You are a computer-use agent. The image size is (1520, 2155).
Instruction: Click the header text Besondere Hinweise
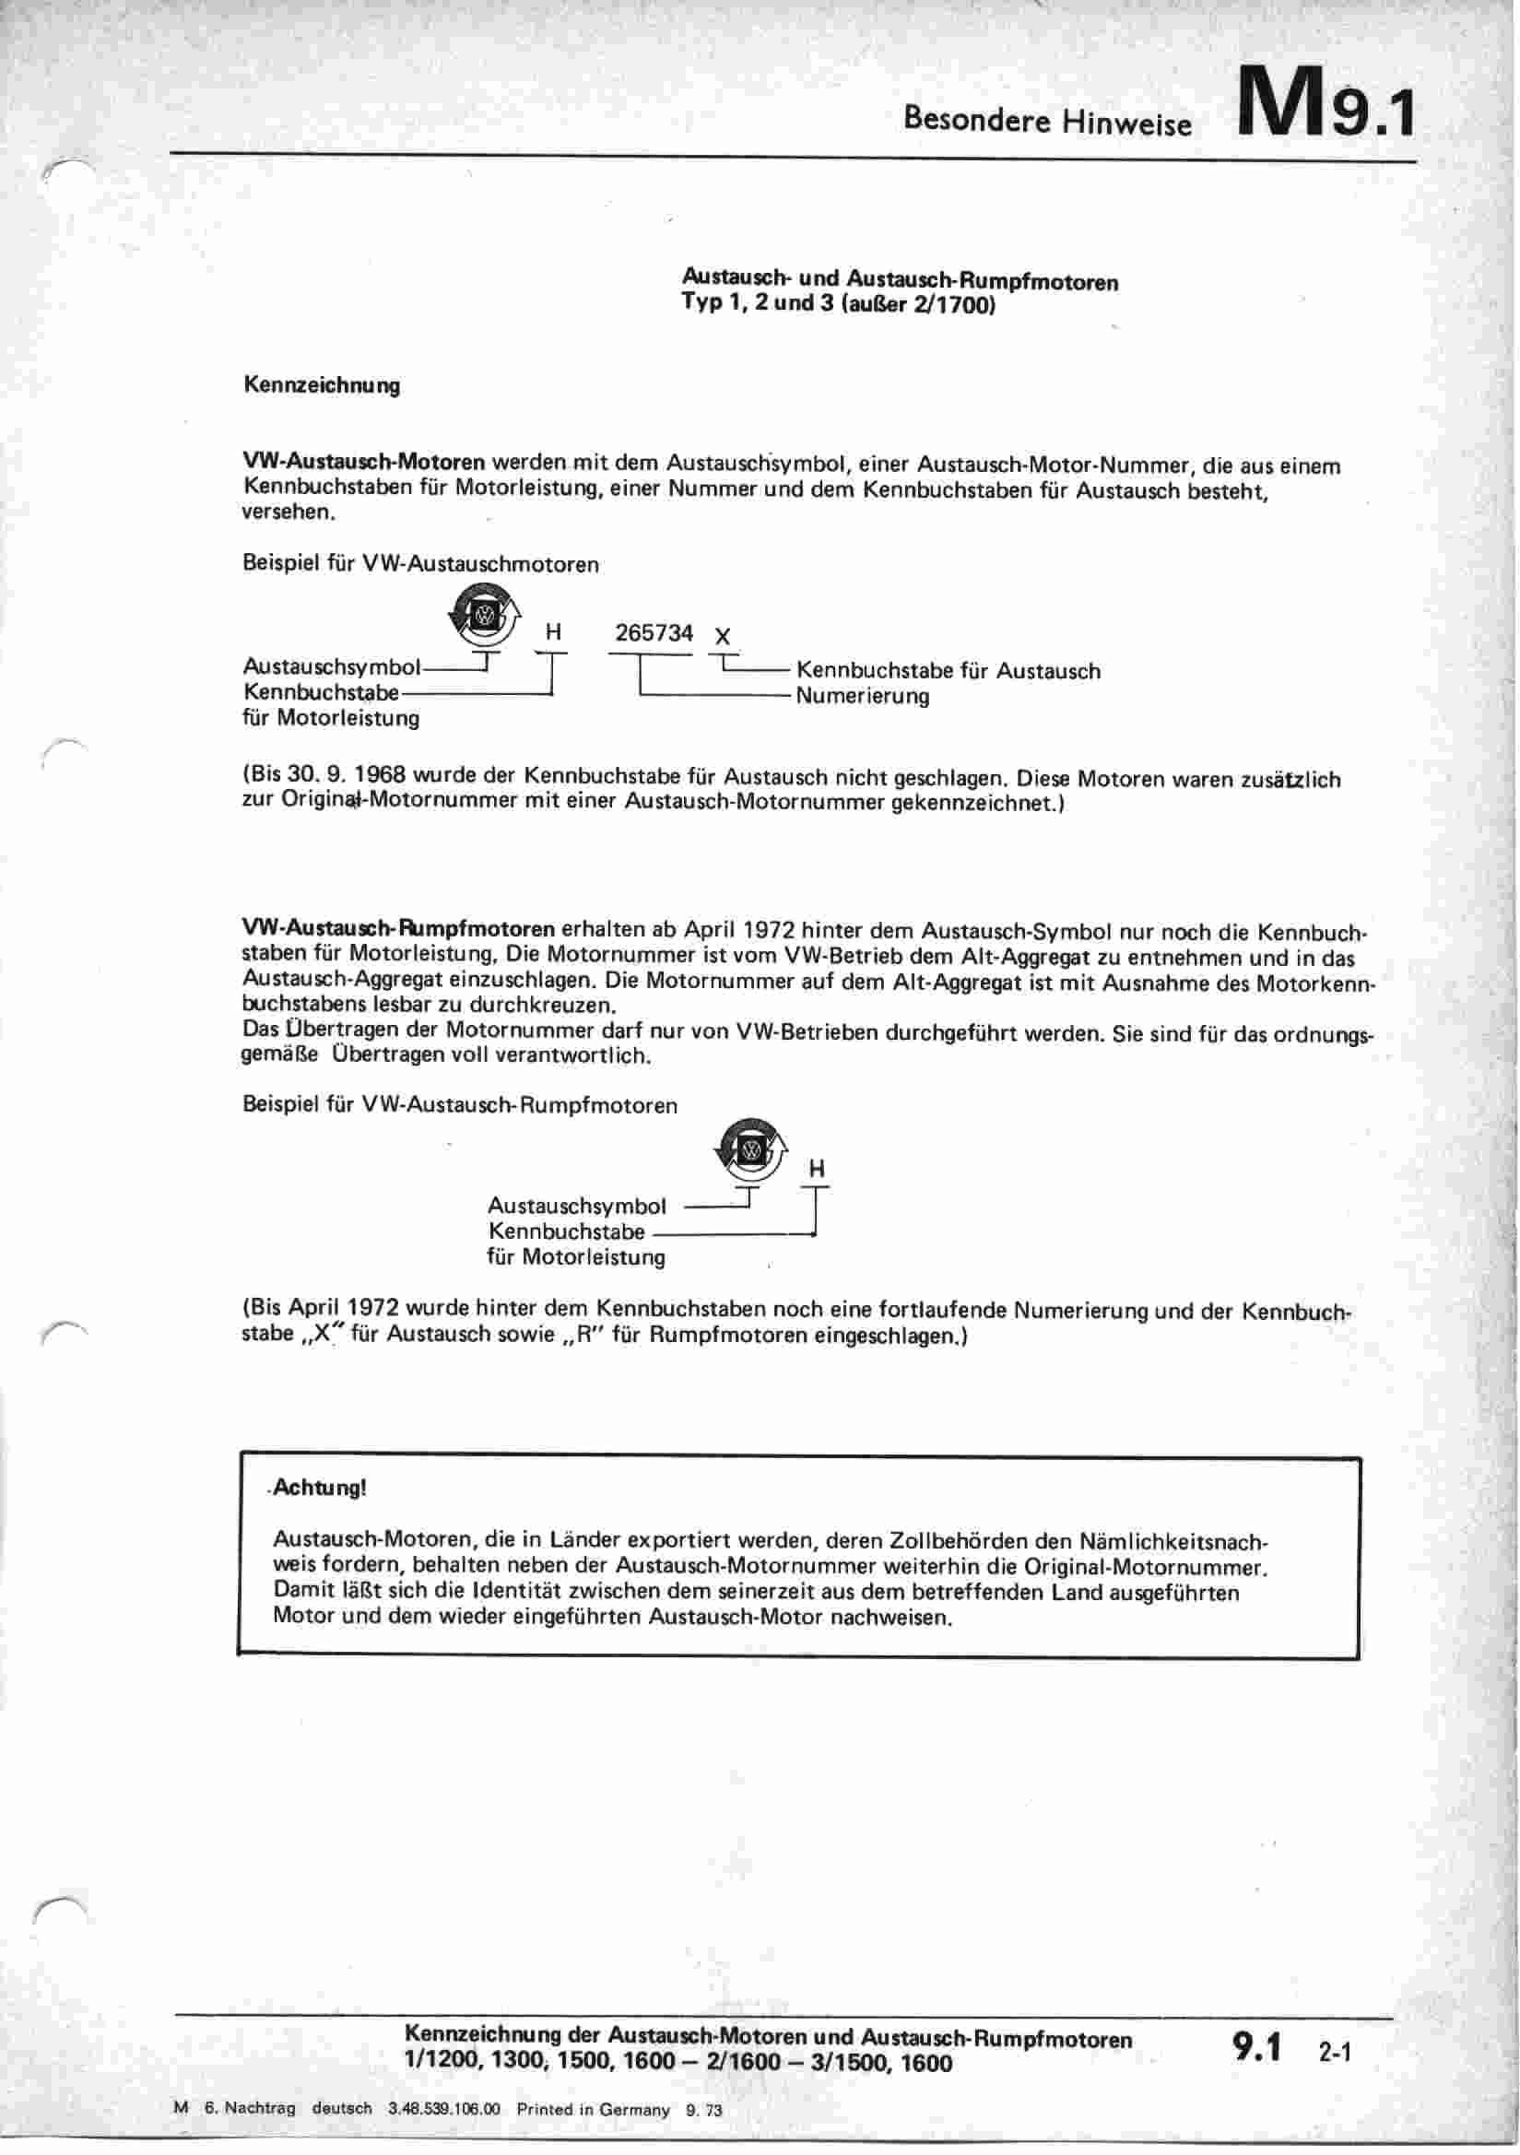click(1047, 122)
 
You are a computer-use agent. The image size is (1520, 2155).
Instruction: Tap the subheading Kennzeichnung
click(321, 386)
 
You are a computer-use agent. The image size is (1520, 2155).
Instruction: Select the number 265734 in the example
click(654, 632)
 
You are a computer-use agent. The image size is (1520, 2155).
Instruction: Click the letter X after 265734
click(722, 637)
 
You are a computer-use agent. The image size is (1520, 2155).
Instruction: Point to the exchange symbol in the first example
click(485, 612)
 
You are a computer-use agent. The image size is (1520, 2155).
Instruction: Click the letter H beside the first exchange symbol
click(553, 633)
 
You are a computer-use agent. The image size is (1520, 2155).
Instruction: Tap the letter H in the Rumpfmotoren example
click(816, 1170)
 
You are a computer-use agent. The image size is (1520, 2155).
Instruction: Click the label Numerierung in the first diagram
click(862, 697)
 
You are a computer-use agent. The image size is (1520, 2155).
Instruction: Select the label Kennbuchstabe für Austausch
click(949, 671)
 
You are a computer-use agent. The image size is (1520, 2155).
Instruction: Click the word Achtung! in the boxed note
click(319, 1489)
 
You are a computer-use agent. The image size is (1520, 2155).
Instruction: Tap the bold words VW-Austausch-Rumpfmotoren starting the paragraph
click(398, 930)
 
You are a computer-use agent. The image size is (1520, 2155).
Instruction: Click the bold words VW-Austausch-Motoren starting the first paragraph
click(364, 463)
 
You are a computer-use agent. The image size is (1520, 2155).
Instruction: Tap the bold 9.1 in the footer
click(1257, 2049)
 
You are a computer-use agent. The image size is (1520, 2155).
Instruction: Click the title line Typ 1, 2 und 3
click(838, 305)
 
